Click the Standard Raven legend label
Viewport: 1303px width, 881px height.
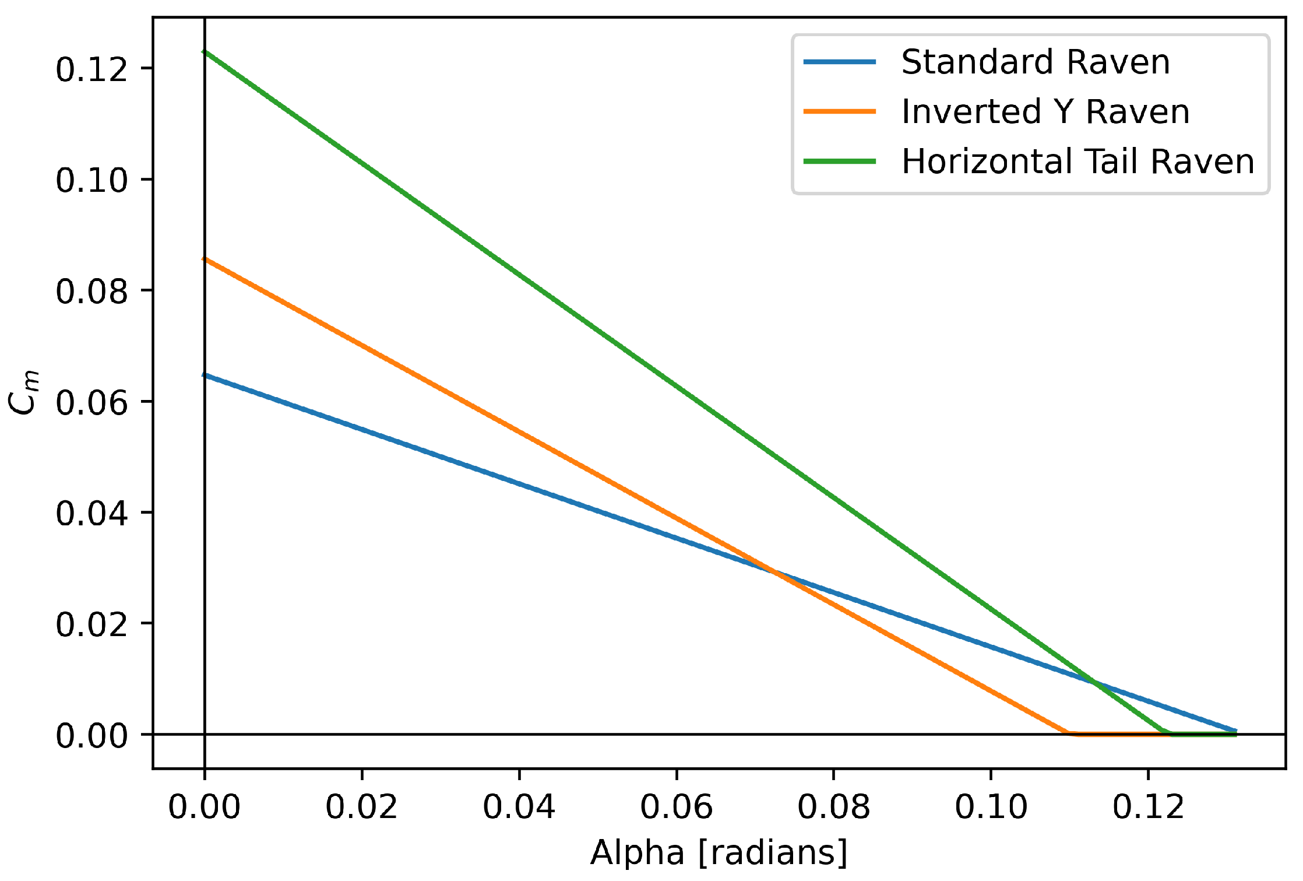1036,62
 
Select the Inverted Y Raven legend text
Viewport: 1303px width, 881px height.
1045,111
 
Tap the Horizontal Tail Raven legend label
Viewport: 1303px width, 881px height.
1077,162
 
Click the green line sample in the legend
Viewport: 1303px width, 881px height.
840,162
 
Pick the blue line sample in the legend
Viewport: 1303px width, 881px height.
840,62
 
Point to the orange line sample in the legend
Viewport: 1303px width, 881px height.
840,111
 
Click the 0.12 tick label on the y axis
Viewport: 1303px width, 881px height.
91,69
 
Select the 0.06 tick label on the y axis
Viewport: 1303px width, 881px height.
91,402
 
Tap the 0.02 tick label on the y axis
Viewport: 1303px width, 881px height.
91,624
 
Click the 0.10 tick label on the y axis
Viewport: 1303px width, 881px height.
91,180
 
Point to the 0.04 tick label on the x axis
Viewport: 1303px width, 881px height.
519,807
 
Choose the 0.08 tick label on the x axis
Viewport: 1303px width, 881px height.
833,807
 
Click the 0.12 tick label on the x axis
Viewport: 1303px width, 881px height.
1148,807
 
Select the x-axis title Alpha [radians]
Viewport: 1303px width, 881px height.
719,852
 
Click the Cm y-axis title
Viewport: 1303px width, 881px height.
24,392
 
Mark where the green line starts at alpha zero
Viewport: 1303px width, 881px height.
205,52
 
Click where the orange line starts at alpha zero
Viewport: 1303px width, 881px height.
205,259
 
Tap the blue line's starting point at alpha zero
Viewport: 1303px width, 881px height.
205,375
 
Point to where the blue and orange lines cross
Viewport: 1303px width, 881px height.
774,572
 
